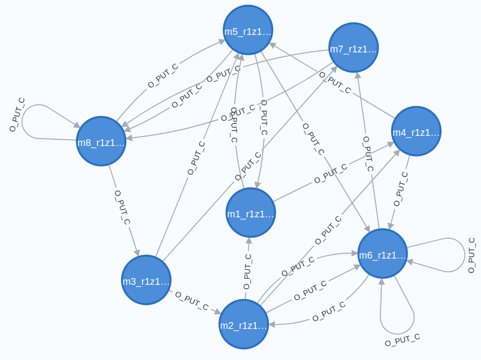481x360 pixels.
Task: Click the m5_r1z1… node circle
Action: pyautogui.click(x=248, y=31)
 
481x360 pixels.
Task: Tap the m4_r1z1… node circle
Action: pyautogui.click(x=416, y=131)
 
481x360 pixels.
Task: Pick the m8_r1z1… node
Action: pyautogui.click(x=101, y=141)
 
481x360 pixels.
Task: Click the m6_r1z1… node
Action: pyautogui.click(x=382, y=254)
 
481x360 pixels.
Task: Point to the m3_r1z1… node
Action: pyautogui.click(x=146, y=280)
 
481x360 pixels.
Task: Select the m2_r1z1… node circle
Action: pyautogui.click(x=244, y=324)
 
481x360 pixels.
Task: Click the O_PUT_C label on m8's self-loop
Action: pyautogui.click(x=17, y=115)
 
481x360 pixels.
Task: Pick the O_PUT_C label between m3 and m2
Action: pyautogui.click(x=192, y=301)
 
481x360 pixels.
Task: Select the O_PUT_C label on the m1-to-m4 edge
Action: pyautogui.click(x=331, y=174)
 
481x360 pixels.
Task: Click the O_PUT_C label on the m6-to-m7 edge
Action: pyautogui.click(x=368, y=155)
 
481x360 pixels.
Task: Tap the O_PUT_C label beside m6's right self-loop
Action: pyautogui.click(x=471, y=255)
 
